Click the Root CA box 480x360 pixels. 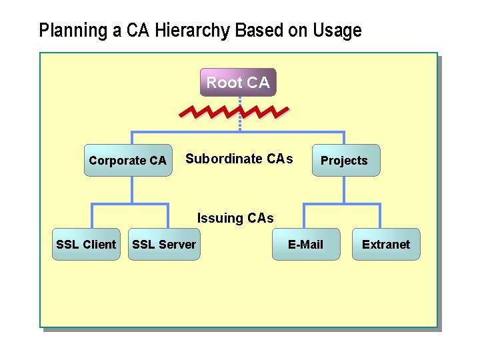tap(238, 83)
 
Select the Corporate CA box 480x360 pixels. tap(127, 160)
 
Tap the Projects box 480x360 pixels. tap(344, 160)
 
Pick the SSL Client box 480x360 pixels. tap(86, 245)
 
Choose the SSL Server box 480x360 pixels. tap(164, 245)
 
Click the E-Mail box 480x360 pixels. tap(305, 245)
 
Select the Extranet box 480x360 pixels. tap(386, 245)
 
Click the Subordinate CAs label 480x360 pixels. tap(239, 159)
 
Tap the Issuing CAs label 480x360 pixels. tap(235, 218)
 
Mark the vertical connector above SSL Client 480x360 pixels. tap(92, 216)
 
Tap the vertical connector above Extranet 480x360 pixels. tap(380, 216)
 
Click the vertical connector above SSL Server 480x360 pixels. tap(168, 216)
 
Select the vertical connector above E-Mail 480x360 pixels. tap(305, 216)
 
